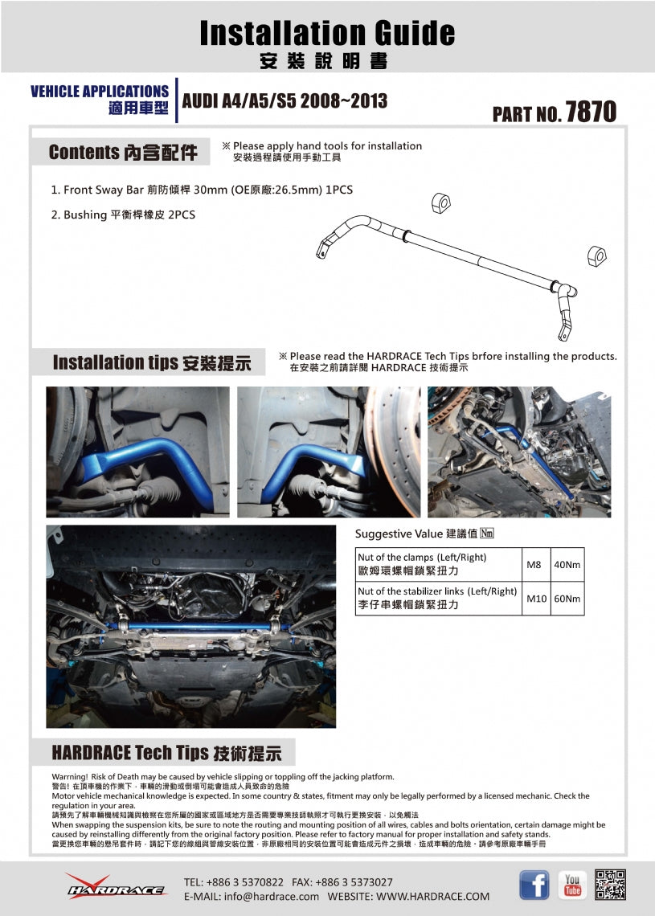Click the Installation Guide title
327,34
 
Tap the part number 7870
591,112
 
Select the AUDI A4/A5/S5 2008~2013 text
285,101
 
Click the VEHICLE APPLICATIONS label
100,92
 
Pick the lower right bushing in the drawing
596,256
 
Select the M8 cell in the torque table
534,565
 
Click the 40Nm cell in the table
567,565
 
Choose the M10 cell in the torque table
536,599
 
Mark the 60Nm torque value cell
567,599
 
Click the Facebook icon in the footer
534,885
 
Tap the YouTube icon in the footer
572,885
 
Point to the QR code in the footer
611,885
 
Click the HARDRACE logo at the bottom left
116,886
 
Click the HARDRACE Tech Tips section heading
166,753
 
